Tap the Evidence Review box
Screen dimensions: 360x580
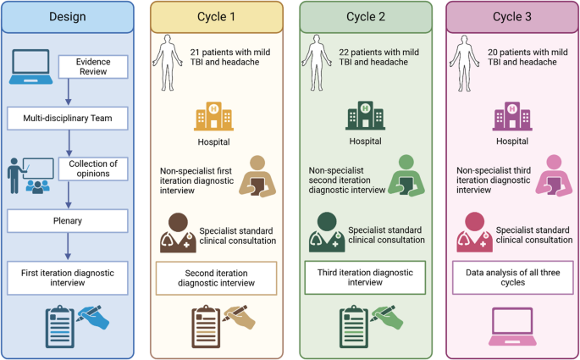93,67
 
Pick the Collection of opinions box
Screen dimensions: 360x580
93,169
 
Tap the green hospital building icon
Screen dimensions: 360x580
364,117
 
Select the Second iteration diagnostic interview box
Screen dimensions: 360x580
216,278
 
